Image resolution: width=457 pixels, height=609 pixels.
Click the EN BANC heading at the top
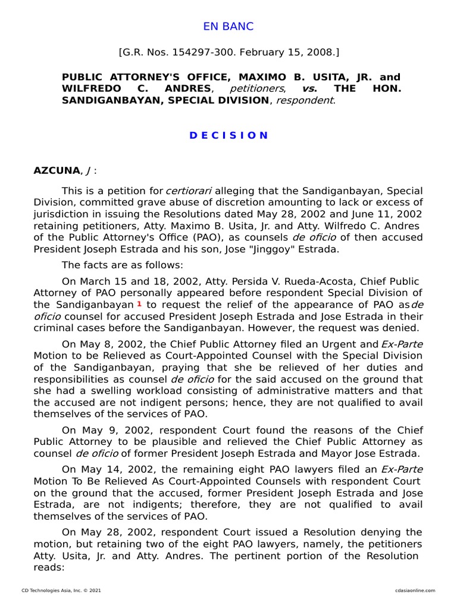point(228,26)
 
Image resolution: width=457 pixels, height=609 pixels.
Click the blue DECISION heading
point(228,135)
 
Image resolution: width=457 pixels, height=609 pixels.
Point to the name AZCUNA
point(56,171)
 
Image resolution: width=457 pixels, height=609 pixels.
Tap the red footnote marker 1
point(139,304)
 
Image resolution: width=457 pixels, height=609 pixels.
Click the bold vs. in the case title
point(309,89)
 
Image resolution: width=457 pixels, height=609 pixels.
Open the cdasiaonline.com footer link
point(414,591)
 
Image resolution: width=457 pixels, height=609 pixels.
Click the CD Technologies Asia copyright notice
point(61,591)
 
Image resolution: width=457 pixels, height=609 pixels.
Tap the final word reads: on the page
point(49,567)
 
